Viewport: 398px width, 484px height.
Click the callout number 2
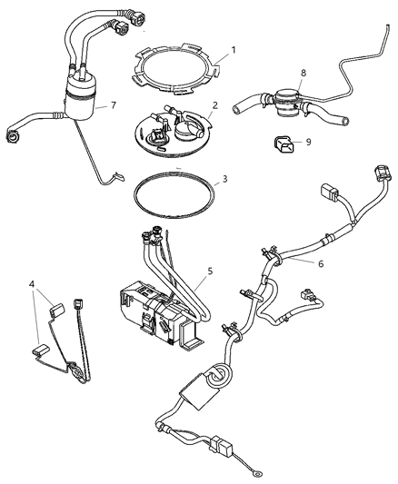pos(214,105)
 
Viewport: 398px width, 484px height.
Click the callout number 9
pos(308,142)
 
